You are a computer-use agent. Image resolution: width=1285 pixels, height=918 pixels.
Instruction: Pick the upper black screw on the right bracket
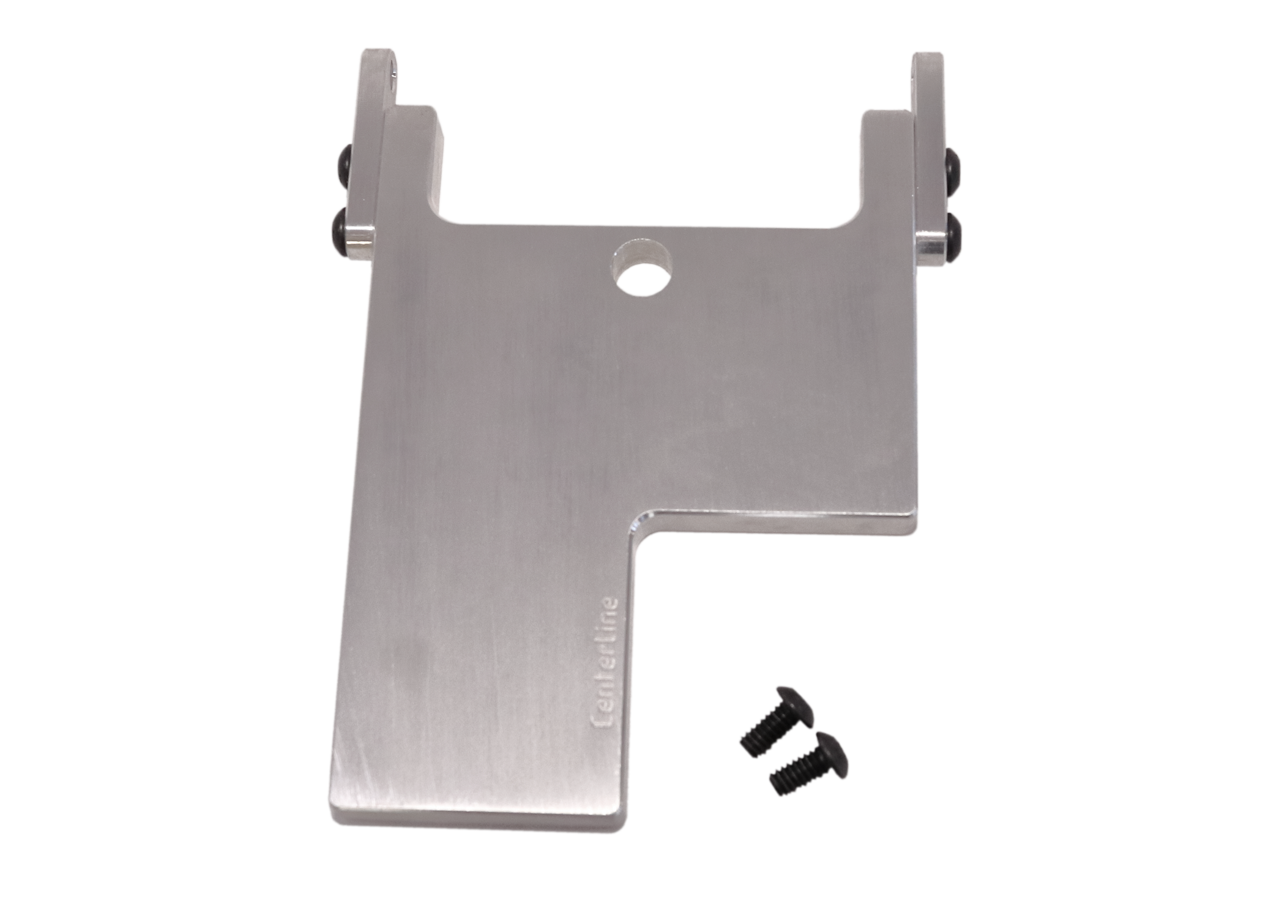[x=952, y=167]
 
